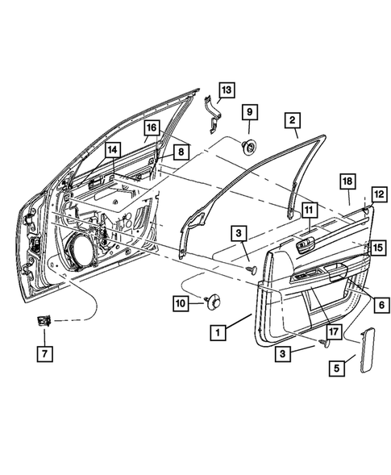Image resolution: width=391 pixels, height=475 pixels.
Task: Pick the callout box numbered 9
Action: pos(249,110)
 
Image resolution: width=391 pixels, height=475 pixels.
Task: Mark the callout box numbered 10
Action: pos(181,302)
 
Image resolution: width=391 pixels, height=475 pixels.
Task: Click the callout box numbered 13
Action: pos(226,90)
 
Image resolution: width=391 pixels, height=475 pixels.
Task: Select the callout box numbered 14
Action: pos(113,150)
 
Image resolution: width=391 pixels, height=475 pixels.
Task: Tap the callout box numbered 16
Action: pos(152,129)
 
